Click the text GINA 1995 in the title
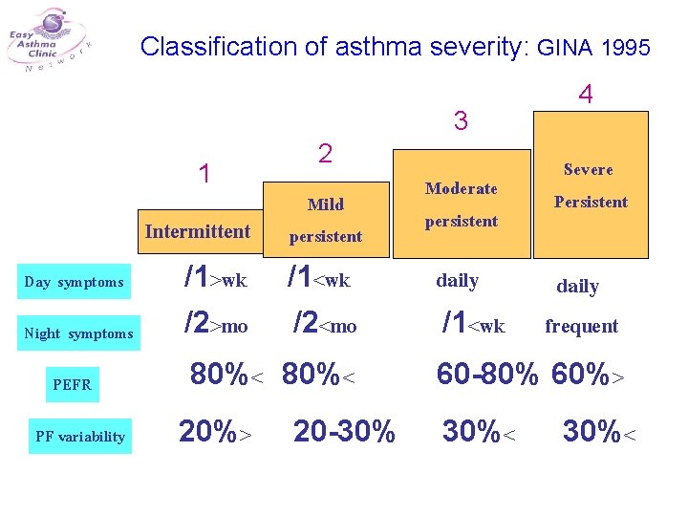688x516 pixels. pyautogui.click(x=594, y=47)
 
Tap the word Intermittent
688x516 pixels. pyautogui.click(x=198, y=231)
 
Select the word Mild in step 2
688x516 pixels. pyautogui.click(x=326, y=204)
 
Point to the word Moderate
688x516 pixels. pyautogui.click(x=462, y=188)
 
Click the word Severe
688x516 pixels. pyautogui.click(x=589, y=169)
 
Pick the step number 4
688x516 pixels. pyautogui.click(x=586, y=95)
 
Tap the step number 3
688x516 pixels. pyautogui.click(x=461, y=121)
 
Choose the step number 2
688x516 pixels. pyautogui.click(x=325, y=154)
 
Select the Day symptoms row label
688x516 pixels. pyautogui.click(x=75, y=282)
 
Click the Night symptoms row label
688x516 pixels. pyautogui.click(x=78, y=333)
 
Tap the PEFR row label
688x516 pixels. pyautogui.click(x=72, y=385)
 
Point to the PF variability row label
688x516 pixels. pyautogui.click(x=80, y=437)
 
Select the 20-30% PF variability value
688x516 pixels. pyautogui.click(x=344, y=432)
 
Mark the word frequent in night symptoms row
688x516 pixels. pyautogui.click(x=581, y=326)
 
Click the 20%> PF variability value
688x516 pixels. pyautogui.click(x=216, y=432)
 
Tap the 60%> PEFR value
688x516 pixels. pyautogui.click(x=588, y=376)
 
